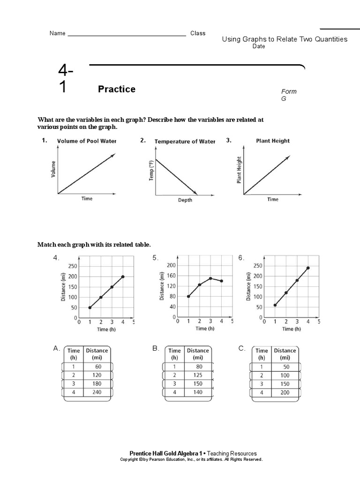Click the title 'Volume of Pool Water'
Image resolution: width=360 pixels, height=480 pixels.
coord(87,141)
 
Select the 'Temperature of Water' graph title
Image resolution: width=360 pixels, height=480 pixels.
coord(185,142)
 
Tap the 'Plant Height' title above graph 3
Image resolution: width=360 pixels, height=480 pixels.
coord(273,141)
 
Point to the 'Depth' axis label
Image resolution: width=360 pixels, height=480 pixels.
coord(185,200)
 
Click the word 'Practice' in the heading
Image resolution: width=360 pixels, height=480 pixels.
coord(117,89)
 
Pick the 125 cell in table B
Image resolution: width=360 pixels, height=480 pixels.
coord(197,375)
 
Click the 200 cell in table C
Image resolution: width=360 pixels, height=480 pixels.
coord(285,392)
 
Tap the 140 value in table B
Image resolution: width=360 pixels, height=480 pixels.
coord(197,392)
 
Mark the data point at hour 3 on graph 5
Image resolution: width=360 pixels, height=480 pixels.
coord(210,278)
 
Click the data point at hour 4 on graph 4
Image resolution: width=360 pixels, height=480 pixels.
coord(123,277)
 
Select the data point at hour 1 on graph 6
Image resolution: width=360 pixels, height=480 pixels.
coord(275,305)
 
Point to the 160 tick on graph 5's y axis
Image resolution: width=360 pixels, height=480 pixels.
coord(171,276)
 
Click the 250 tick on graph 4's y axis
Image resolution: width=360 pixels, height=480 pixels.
coord(73,266)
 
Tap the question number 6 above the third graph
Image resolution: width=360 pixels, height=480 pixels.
coord(241,258)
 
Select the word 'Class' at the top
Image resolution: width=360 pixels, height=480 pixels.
coord(198,33)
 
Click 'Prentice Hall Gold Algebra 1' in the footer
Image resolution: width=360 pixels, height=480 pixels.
coord(166,453)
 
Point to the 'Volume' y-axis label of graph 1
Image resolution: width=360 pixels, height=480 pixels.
coord(53,169)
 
